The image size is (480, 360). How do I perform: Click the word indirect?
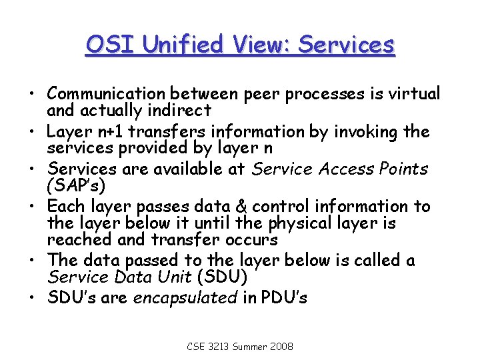179,110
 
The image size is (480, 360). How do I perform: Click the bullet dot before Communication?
33,94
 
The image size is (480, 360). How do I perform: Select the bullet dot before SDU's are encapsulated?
33,297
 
